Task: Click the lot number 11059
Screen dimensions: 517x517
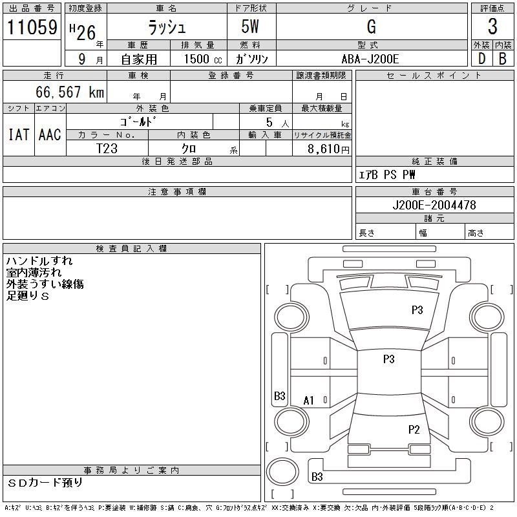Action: point(32,27)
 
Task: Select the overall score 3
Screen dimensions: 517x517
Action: point(492,26)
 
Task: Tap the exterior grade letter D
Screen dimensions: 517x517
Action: point(481,59)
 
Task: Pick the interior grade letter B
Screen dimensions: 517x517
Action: point(503,59)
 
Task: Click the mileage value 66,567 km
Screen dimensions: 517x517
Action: point(70,92)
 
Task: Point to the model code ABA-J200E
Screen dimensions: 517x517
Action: point(370,59)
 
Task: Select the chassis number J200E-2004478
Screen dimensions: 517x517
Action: point(434,205)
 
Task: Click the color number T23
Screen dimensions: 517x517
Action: point(107,149)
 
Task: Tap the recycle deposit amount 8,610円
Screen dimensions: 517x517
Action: point(328,149)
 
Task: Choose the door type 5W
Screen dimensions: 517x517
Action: point(250,26)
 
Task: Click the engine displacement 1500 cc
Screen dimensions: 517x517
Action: point(203,59)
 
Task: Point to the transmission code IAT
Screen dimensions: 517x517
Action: point(19,134)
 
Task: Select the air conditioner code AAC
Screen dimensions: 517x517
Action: point(50,134)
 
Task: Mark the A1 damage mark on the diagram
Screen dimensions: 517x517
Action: point(308,401)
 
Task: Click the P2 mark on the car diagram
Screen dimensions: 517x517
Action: point(414,429)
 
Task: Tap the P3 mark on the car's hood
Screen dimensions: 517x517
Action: point(417,310)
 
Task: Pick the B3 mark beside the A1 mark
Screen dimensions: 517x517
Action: point(280,396)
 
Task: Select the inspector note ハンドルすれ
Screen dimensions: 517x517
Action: point(39,261)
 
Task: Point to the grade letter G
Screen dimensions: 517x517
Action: point(371,26)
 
